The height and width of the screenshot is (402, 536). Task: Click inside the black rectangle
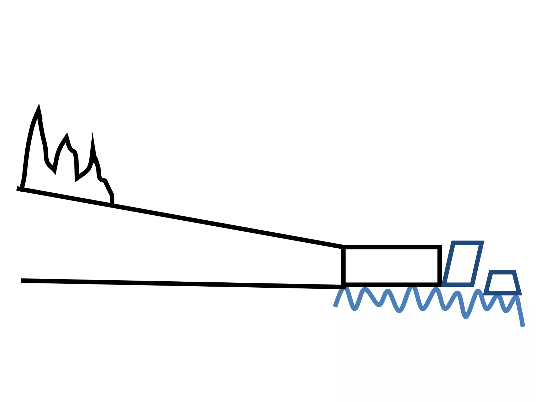point(391,266)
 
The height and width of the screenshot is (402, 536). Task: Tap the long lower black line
point(183,284)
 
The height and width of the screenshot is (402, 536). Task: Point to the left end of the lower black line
point(21,281)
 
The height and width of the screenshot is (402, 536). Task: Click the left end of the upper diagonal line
point(17,188)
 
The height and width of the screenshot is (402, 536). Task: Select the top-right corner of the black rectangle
point(440,247)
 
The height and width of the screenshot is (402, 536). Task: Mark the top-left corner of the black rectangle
point(343,247)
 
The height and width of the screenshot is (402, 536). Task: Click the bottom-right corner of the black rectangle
point(440,285)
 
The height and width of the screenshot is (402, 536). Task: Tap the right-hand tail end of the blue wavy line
point(523,326)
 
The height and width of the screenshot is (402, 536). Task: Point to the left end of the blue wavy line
point(335,307)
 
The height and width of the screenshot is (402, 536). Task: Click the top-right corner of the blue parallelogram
point(482,243)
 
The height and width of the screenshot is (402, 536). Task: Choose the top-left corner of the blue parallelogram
point(454,243)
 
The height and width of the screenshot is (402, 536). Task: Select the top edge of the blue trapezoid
point(502,272)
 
